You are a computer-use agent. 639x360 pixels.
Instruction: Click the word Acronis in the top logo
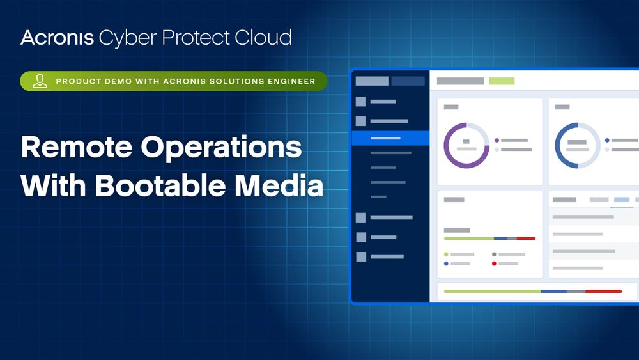58,38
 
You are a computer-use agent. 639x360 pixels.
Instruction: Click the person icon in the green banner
40,81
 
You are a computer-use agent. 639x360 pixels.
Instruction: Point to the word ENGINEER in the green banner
291,81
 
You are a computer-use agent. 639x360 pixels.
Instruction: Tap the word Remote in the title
77,147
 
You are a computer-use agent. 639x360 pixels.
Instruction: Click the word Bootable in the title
160,185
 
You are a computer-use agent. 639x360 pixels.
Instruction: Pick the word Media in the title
279,185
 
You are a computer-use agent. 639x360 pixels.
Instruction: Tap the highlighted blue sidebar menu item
390,138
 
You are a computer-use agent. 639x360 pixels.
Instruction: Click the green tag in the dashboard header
502,81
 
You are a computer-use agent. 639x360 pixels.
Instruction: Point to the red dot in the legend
494,263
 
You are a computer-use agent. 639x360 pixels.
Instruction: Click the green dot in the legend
446,254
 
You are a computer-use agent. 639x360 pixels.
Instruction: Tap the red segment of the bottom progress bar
604,292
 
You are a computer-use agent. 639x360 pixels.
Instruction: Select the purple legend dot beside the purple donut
497,140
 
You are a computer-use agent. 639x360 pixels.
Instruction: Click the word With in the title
54,185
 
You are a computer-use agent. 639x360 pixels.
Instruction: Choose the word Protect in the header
196,38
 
